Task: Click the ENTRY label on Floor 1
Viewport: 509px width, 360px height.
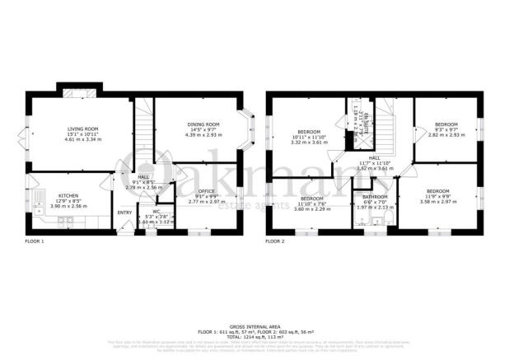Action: pyautogui.click(x=124, y=213)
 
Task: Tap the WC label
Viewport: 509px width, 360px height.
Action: pyautogui.click(x=155, y=211)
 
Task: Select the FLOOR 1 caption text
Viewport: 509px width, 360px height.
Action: pyautogui.click(x=34, y=241)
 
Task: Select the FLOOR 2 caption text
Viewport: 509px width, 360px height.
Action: pyautogui.click(x=274, y=241)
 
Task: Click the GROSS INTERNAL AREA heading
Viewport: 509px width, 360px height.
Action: pyautogui.click(x=254, y=324)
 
